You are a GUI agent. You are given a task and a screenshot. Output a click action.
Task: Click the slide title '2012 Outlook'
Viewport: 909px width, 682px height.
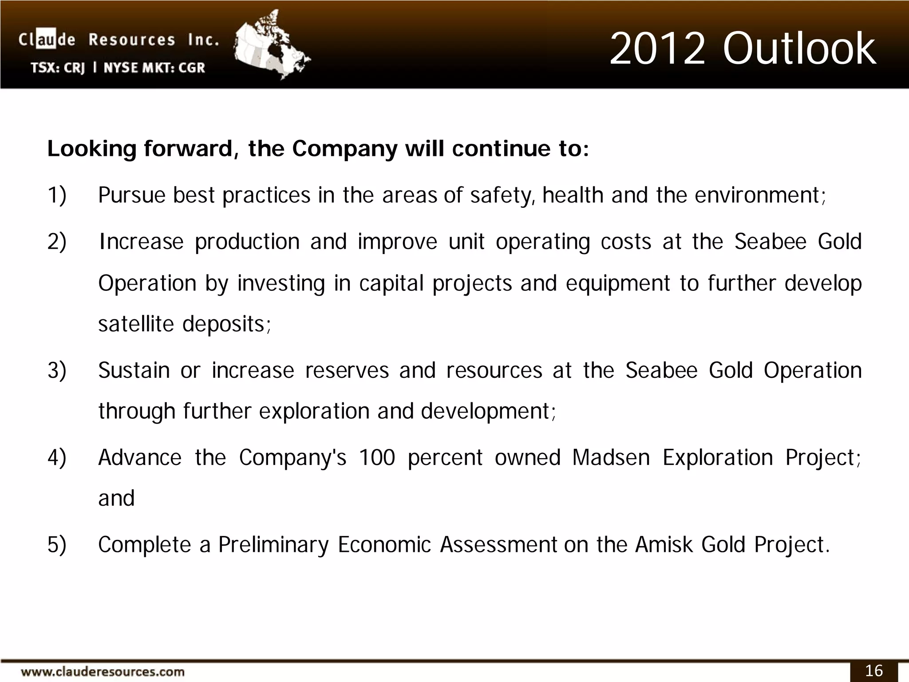pyautogui.click(x=743, y=49)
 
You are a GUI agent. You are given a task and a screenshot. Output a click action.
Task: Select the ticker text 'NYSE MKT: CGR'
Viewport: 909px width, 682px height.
pyautogui.click(x=154, y=68)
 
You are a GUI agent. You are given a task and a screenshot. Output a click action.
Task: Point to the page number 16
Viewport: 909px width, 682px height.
pyautogui.click(x=874, y=670)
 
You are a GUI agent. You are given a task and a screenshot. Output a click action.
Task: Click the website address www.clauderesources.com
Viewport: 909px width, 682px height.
pyautogui.click(x=103, y=671)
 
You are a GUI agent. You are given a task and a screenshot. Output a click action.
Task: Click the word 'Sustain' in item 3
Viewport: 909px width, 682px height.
pyautogui.click(x=134, y=370)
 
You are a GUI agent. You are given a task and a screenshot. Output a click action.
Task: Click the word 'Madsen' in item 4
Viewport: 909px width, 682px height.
pyautogui.click(x=611, y=457)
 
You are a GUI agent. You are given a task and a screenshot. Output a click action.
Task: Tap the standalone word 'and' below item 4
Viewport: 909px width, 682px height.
pyautogui.click(x=116, y=498)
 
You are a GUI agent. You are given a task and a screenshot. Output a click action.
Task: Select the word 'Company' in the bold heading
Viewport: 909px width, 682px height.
pyautogui.click(x=344, y=149)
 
